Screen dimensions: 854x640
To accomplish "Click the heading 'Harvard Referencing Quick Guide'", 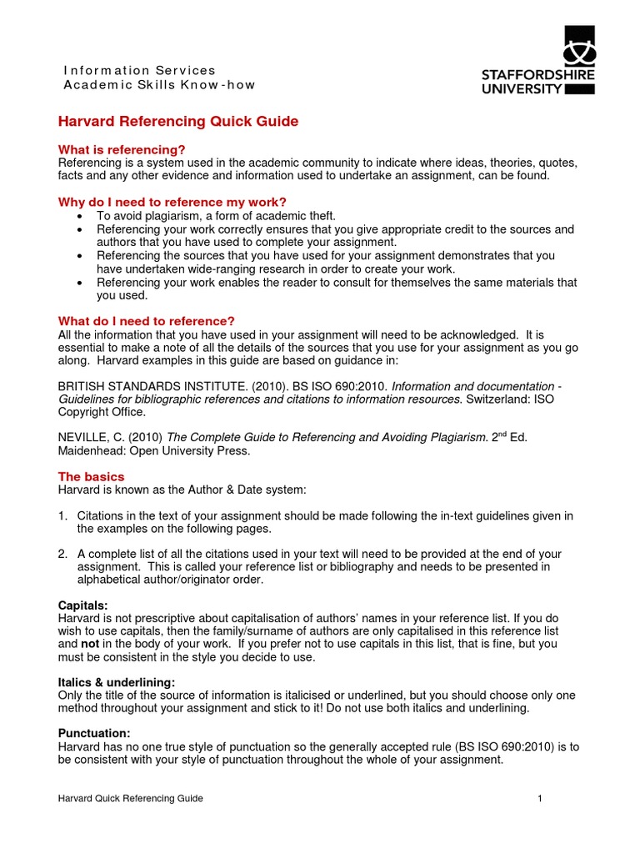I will point(177,122).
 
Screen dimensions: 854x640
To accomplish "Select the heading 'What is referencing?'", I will point(121,149).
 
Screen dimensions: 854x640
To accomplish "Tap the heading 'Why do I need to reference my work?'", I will point(172,202).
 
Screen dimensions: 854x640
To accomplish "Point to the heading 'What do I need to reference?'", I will point(146,321).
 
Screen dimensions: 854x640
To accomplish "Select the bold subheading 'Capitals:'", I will point(82,604).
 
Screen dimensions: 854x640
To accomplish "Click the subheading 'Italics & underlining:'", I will point(116,682).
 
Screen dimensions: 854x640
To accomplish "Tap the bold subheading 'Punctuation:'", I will point(92,734).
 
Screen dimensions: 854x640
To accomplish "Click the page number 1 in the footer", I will point(540,799).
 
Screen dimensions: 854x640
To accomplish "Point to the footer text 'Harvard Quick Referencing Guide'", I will point(130,799).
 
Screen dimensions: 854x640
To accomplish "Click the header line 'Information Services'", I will point(139,70).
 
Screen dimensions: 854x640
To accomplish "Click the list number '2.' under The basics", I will point(63,554).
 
